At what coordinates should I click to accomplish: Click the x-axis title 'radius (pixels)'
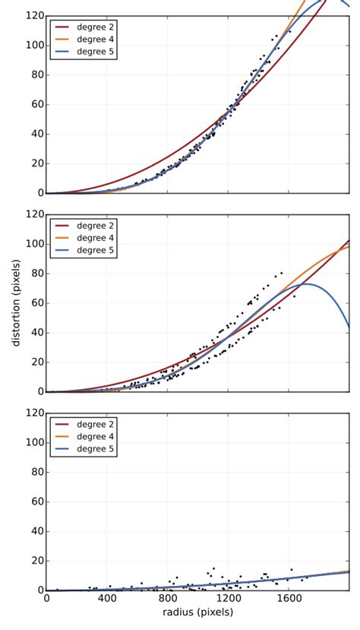(x=197, y=612)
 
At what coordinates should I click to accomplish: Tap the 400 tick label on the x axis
(x=107, y=599)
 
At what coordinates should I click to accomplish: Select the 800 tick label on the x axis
(x=168, y=599)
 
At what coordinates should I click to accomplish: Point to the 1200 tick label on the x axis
(x=228, y=599)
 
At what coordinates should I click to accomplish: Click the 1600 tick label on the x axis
(x=289, y=599)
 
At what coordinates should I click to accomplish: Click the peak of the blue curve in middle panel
(x=305, y=283)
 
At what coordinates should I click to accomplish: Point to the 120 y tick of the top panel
(x=32, y=15)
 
